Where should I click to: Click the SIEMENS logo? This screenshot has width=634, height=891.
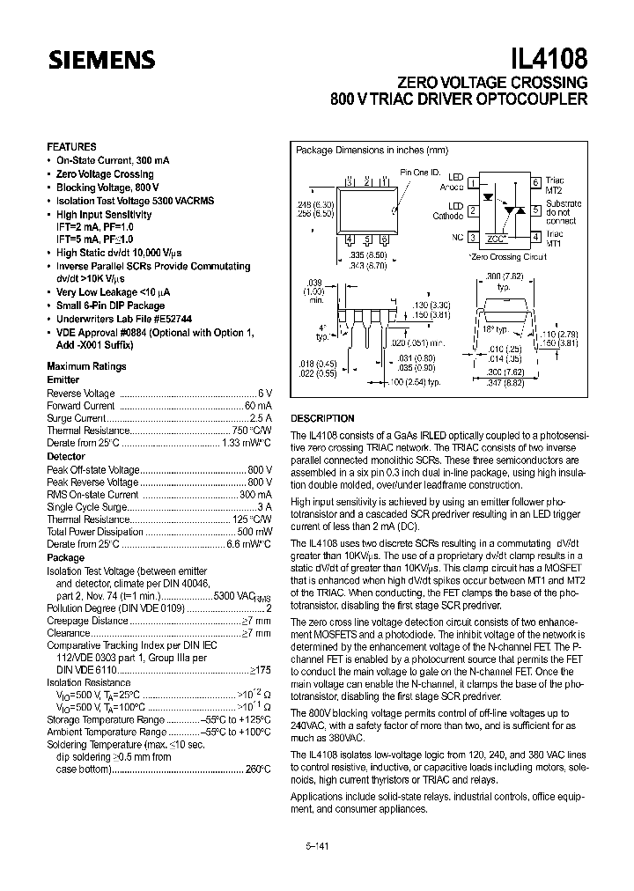click(101, 60)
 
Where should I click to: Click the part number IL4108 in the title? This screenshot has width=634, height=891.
click(546, 58)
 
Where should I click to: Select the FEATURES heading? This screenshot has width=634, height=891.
click(71, 147)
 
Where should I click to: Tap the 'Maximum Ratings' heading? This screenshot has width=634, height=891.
click(86, 366)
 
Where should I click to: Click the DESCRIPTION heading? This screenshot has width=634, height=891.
click(322, 418)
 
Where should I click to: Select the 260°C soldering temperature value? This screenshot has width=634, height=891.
click(256, 769)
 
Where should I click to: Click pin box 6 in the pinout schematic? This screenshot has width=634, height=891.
click(534, 182)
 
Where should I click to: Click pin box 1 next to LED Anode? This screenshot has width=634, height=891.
click(473, 183)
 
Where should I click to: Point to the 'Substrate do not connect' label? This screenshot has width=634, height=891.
click(563, 212)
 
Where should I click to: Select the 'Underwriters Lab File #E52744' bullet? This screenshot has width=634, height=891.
click(124, 318)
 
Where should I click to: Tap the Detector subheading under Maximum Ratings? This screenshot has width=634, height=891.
click(66, 456)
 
